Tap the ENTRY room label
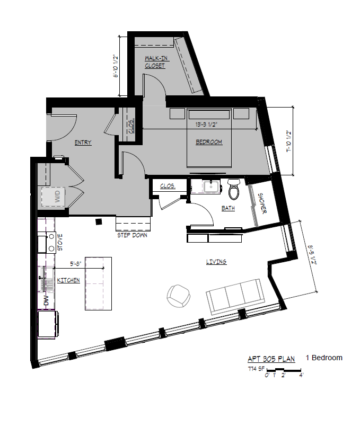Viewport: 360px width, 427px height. [83, 143]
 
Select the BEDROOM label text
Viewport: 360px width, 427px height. [209, 142]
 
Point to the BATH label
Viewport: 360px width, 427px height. [228, 209]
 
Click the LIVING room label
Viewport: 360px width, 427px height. [216, 262]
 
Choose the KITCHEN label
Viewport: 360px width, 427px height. [68, 280]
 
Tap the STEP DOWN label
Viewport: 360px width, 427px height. [133, 235]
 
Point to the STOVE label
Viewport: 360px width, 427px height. [59, 242]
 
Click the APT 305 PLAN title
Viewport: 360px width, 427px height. [271, 358]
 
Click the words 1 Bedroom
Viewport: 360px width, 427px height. [324, 358]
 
